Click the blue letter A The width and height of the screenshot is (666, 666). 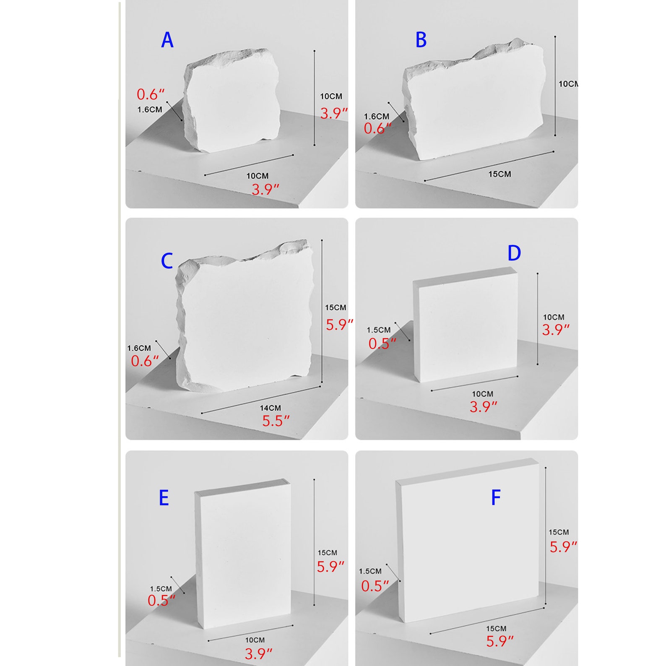167,40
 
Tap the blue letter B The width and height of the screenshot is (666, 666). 421,40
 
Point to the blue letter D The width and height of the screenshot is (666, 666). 514,253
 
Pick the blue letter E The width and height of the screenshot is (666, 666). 164,498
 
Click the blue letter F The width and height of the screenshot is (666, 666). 496,498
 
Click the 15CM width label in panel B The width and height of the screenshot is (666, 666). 499,174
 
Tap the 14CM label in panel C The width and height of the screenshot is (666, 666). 270,408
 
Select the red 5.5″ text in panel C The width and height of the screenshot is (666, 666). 276,421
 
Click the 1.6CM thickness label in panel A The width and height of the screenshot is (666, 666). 150,109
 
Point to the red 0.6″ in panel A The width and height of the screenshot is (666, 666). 151,94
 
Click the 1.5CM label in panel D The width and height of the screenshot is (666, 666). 379,330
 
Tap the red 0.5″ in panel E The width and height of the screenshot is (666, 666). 161,601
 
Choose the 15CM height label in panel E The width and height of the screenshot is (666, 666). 327,553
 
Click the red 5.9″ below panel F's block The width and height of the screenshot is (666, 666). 500,641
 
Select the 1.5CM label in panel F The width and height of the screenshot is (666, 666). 370,571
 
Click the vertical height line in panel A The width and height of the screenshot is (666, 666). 315,98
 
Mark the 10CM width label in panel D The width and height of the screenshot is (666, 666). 483,394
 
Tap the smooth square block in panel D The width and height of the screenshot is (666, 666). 466,325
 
